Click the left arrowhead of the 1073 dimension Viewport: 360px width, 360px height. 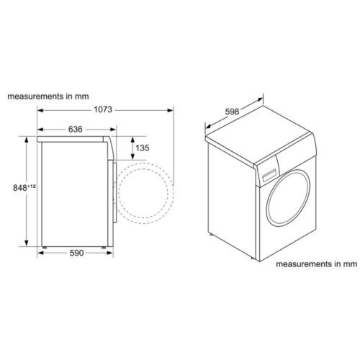point(40,111)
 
